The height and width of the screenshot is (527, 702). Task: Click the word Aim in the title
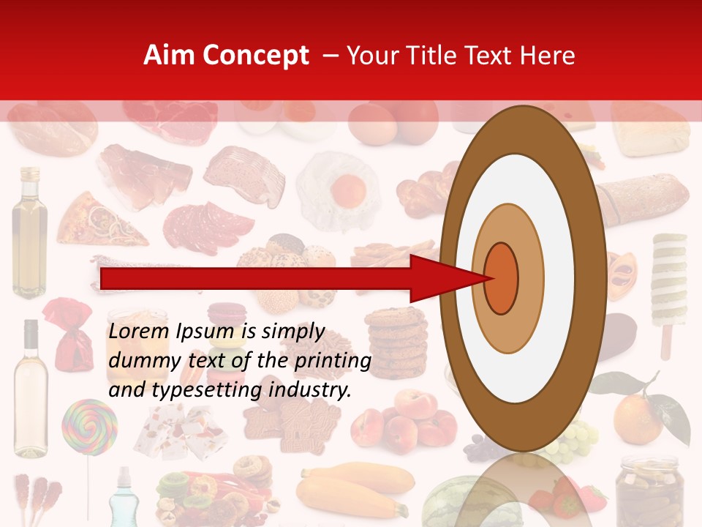(x=170, y=56)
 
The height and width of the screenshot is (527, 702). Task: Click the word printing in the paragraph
(x=336, y=361)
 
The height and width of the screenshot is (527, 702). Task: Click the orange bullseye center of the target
(x=502, y=277)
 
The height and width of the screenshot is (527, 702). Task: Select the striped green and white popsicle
(x=670, y=285)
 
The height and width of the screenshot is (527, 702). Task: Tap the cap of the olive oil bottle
(x=30, y=175)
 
